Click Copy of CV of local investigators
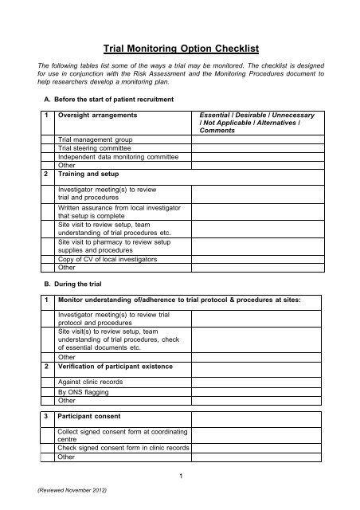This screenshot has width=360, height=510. coord(106,259)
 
